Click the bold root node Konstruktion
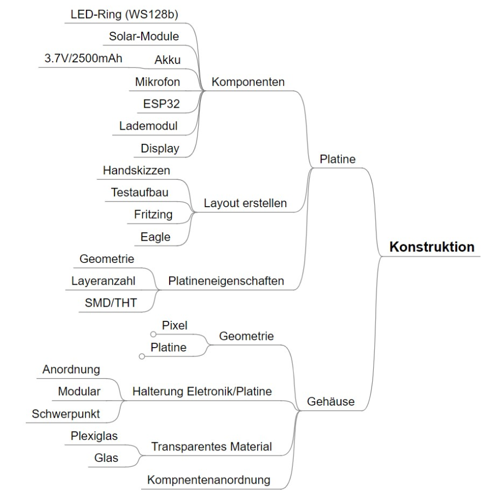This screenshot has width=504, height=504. coord(432,247)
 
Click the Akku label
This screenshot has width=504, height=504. coord(167,60)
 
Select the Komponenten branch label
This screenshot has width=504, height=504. coord(248,83)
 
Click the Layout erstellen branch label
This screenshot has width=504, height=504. coord(245,203)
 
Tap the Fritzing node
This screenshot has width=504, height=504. coord(153,215)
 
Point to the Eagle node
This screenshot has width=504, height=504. coord(155,237)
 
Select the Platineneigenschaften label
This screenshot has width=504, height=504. coord(226,282)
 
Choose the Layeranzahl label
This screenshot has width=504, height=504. coord(103,282)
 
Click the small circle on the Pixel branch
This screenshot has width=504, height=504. coord(154,333)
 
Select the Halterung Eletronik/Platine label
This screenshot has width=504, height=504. coord(202,391)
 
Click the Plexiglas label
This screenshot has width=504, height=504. coord(94,436)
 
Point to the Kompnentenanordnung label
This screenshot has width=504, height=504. coord(209,480)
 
